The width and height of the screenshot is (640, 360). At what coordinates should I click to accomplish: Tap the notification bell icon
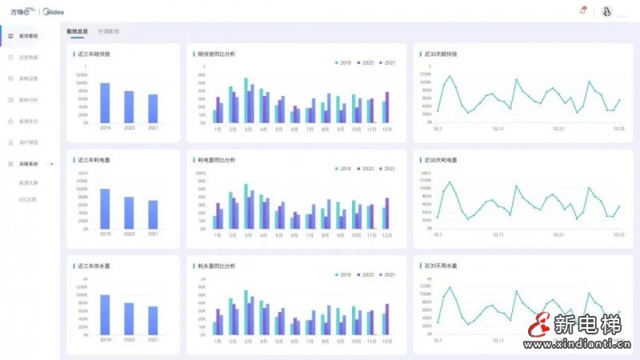click(582, 10)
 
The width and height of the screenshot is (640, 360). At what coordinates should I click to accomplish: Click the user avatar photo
click(606, 11)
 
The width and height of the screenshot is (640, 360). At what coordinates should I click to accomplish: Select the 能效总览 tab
click(78, 31)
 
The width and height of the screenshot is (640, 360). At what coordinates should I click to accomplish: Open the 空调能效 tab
click(109, 31)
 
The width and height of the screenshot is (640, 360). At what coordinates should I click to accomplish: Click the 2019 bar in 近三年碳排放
click(105, 102)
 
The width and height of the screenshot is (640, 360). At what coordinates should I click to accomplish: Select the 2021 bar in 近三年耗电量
click(153, 214)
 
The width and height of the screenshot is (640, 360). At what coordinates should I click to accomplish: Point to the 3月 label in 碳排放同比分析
click(248, 129)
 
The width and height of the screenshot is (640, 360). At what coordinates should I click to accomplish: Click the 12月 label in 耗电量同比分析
click(386, 235)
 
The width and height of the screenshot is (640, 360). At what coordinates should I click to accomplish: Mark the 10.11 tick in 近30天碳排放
click(498, 128)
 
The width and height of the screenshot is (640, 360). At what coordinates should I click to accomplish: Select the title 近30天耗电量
click(441, 160)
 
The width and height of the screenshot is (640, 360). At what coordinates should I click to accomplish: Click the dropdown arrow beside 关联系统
click(52, 163)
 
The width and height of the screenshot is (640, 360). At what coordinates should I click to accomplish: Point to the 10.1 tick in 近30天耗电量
click(438, 235)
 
